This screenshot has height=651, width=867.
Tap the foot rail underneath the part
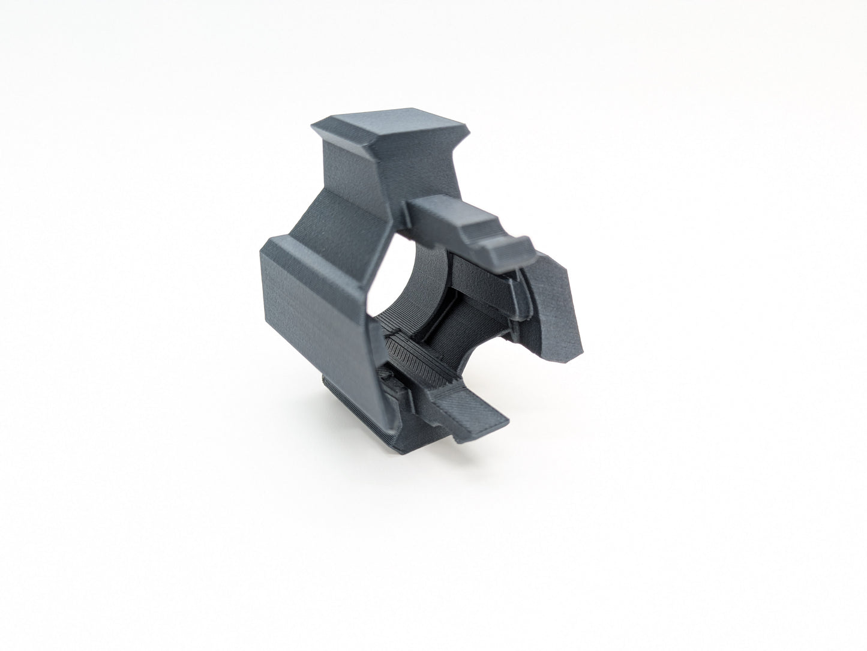coord(336,414)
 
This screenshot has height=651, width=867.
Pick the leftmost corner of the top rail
coord(314,127)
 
